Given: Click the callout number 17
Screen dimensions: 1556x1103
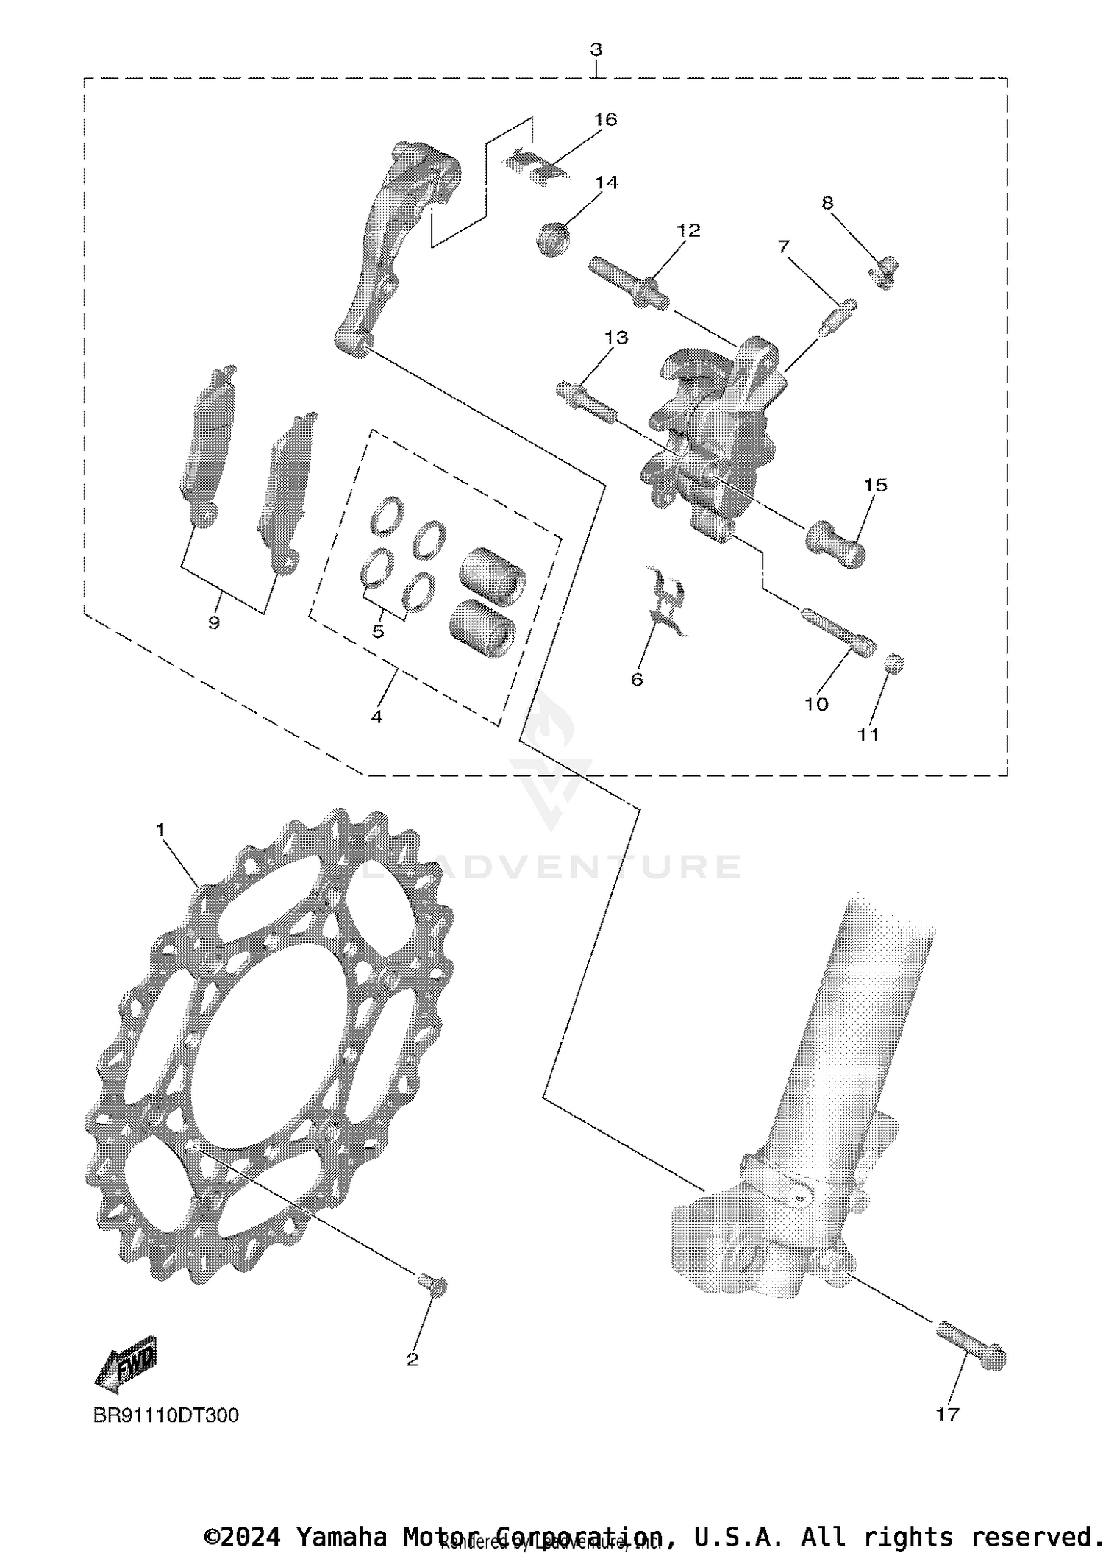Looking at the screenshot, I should click(x=947, y=1413).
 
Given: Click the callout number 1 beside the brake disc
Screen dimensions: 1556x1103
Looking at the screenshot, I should click(x=160, y=829).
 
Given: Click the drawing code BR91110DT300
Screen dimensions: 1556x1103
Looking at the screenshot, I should click(x=165, y=1415).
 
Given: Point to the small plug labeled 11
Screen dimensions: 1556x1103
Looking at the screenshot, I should click(x=894, y=664).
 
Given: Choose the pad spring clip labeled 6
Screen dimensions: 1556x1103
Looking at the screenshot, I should click(x=666, y=599).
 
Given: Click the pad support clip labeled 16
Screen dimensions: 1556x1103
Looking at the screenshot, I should click(x=538, y=166).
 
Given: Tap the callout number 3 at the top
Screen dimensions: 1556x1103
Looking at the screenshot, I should click(x=596, y=50).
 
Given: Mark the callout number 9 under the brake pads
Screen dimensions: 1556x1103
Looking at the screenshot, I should click(x=214, y=622).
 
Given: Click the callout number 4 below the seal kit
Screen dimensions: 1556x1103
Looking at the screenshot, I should click(x=376, y=715).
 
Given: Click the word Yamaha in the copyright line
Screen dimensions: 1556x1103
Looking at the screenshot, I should click(x=340, y=1537).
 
